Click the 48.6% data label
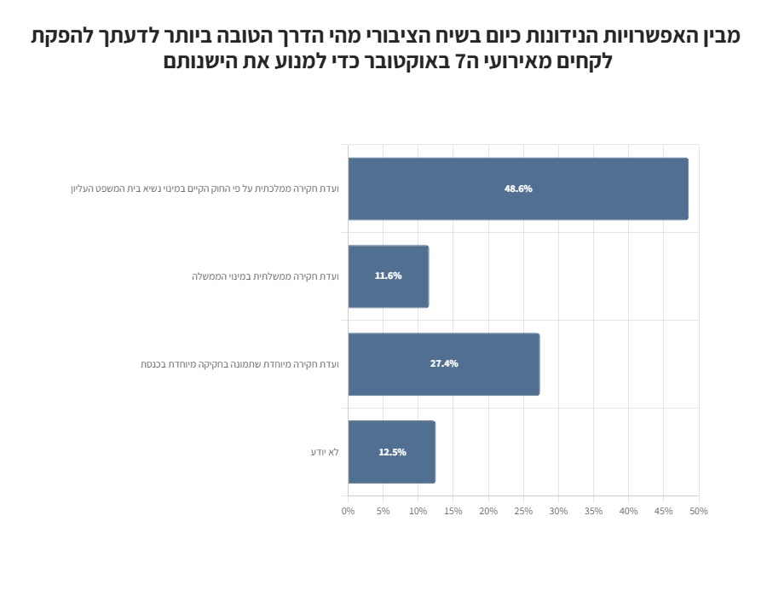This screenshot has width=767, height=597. point(518,188)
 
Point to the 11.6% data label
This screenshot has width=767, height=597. point(388,276)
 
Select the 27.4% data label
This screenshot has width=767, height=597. point(444,364)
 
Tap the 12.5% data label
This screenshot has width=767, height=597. point(392,452)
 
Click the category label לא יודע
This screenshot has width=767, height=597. point(325,452)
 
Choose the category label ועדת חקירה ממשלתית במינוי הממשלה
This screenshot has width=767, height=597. point(265,276)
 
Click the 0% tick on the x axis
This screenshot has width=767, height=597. point(348,511)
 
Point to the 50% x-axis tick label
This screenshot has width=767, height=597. point(699,511)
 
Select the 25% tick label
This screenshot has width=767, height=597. point(523,511)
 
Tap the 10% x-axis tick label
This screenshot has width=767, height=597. point(418,511)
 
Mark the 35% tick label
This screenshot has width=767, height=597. point(593,511)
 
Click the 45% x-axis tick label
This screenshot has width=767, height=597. point(664,511)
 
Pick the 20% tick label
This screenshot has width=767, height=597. point(488,511)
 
